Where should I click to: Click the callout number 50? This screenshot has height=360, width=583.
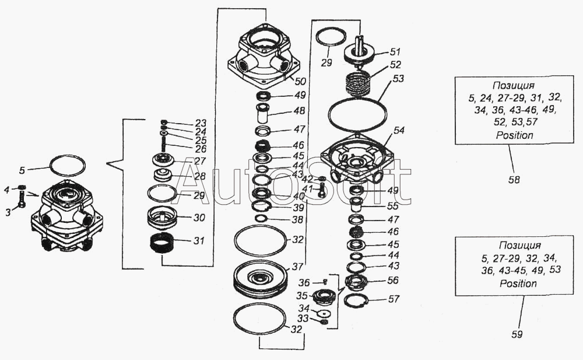tap(300, 81)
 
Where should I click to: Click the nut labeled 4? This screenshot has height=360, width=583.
tap(22, 187)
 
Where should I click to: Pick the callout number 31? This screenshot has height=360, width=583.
tap(199, 240)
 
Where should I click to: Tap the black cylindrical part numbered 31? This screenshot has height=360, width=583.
tap(161, 243)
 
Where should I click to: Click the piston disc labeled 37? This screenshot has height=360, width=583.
tap(260, 279)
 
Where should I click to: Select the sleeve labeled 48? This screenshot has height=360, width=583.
tap(262, 113)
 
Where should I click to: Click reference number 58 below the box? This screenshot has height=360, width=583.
tap(515, 180)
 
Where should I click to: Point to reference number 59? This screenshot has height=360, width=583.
tap(517, 334)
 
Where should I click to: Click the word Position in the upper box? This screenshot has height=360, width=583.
tap(515, 135)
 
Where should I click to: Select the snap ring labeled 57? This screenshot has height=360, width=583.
tap(356, 300)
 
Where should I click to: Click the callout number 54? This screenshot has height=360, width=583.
tap(399, 130)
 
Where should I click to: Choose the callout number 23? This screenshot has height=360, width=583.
tap(200, 123)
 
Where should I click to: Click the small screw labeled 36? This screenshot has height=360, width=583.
tap(325, 282)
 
